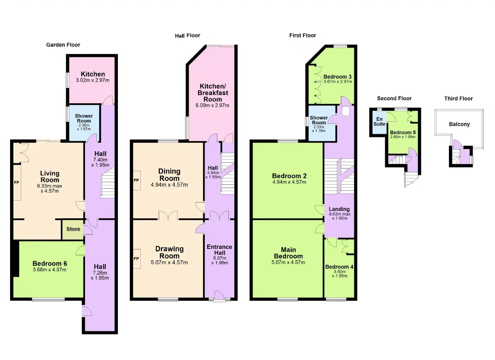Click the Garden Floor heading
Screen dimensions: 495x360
click(63, 45)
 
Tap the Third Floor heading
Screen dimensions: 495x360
click(459, 98)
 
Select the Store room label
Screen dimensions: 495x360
click(73, 229)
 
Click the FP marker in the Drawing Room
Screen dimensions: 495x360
click(136, 259)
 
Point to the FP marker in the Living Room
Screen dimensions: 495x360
click(17, 182)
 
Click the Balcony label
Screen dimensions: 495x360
click(459, 124)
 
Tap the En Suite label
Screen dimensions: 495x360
click(379, 122)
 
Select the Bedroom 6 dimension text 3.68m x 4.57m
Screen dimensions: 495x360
click(49, 269)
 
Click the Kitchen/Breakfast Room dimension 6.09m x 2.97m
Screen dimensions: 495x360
click(212, 105)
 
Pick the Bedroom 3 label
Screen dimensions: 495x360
click(338, 77)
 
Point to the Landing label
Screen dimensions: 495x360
click(339, 209)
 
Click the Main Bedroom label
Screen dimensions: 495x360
click(288, 253)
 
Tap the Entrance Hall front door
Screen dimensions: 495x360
click(219, 295)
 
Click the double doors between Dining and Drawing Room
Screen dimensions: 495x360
click(168, 215)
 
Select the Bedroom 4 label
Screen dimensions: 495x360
click(339, 267)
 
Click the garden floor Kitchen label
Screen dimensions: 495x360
click(93, 74)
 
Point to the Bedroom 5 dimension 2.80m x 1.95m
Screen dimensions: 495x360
click(403, 137)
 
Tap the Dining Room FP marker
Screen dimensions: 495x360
click(136, 180)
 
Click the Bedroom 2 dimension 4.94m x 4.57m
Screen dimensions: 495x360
click(289, 182)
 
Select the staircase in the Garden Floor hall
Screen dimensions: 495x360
click(108, 182)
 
